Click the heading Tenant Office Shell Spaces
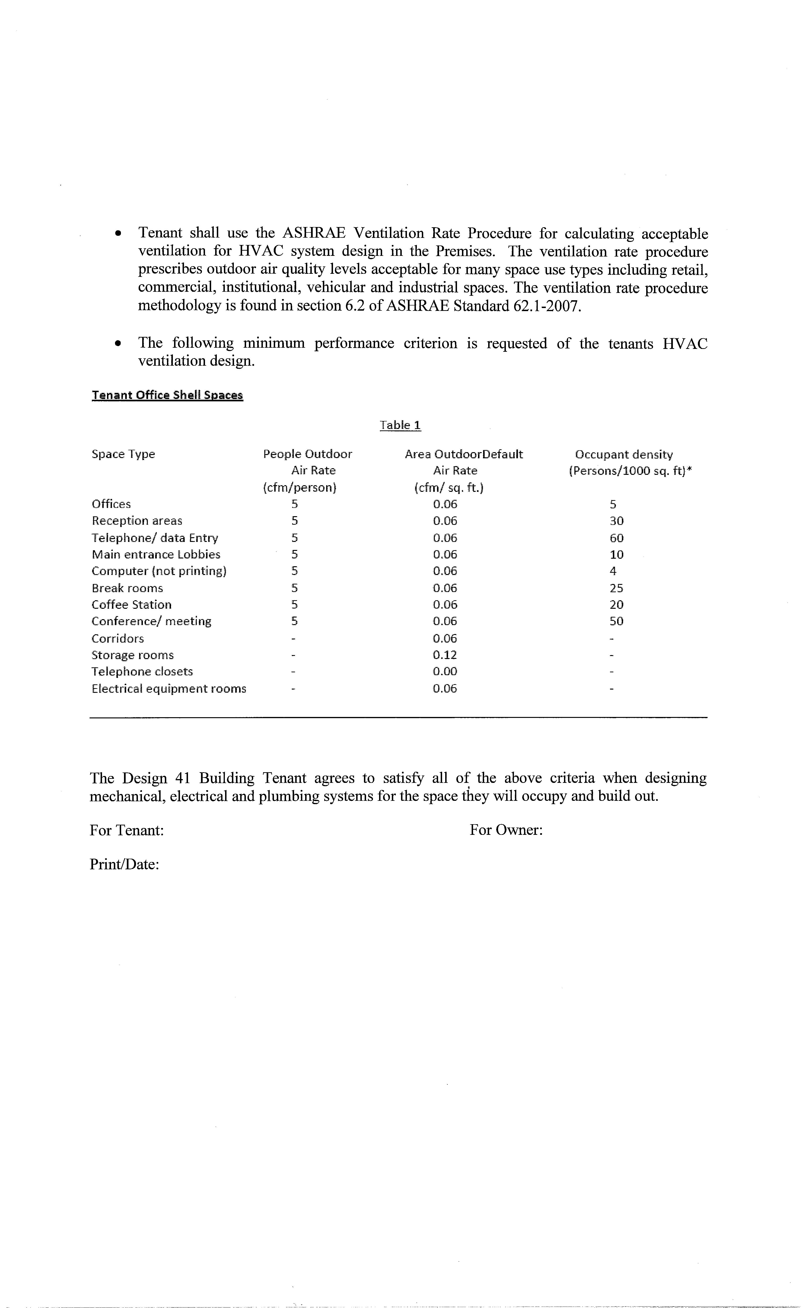pos(167,395)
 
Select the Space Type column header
pos(123,454)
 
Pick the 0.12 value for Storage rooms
pos(444,655)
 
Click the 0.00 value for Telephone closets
pos(444,671)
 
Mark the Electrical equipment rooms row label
pos(169,689)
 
